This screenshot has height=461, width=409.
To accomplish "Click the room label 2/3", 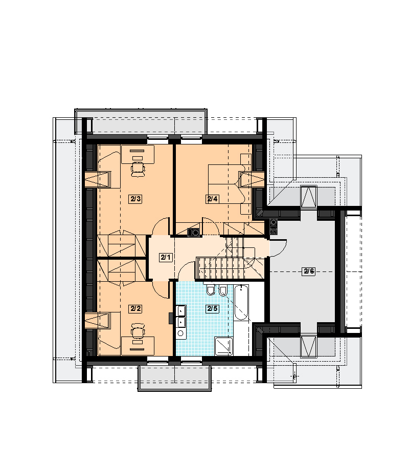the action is pos(135,199).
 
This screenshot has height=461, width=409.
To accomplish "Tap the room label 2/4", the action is pos(212,199).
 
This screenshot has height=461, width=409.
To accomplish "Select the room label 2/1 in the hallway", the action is pos(166,258).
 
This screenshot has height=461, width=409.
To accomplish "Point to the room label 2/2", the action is pos(135,309).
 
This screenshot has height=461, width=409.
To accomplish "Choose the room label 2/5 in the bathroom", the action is pos(212,309).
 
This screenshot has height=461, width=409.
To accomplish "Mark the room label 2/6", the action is pos(309,271).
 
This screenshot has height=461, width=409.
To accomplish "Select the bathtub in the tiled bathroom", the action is pos(241,303).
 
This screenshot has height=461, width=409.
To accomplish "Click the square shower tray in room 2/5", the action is pos(224,346).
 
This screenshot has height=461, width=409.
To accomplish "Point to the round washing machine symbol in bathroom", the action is pos(181,333).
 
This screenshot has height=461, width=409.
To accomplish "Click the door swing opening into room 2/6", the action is pos(278,248).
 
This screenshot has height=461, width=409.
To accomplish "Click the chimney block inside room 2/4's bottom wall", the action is pos(193,232).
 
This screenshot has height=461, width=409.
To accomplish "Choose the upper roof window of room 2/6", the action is pos(309,196).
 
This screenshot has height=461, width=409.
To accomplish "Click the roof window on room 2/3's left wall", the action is pos(98,179).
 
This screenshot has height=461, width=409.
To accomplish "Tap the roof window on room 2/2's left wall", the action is pos(98,321).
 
